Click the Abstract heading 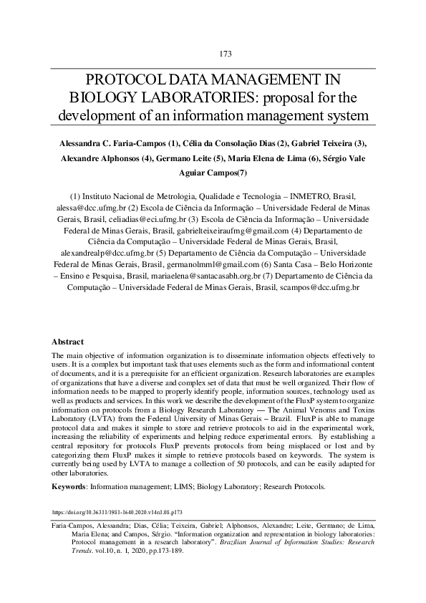coord(68,342)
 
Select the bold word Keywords coord(69,486)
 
